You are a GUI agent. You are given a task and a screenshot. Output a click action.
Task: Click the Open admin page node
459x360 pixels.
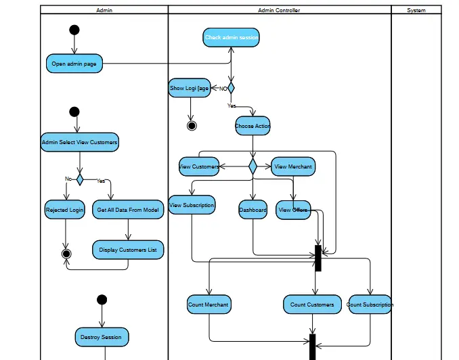pos(74,64)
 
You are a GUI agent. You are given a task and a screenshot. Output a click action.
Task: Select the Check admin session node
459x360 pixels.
pos(231,37)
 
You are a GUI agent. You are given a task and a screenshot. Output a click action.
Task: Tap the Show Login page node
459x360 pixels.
pos(189,88)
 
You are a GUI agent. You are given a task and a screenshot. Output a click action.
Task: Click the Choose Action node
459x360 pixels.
pos(253,126)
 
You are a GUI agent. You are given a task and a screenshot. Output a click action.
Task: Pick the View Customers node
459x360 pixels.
pos(199,166)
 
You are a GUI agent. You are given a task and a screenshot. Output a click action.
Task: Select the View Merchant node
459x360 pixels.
pos(293,166)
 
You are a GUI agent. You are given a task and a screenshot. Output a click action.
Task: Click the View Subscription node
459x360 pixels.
pos(192,205)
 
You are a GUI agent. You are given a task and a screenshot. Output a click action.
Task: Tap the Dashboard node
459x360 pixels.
pos(253,210)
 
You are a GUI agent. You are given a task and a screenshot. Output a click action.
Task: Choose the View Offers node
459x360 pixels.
pos(293,210)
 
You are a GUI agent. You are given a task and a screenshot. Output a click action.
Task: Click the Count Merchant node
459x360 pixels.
pos(209,305)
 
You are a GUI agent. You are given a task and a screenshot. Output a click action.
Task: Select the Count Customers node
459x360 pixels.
pos(312,305)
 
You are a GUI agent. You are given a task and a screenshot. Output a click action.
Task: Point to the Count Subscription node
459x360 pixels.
pos(370,305)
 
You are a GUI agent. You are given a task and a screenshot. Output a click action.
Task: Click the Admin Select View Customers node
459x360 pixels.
pos(79,142)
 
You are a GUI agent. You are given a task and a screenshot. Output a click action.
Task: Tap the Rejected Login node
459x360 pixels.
pos(65,210)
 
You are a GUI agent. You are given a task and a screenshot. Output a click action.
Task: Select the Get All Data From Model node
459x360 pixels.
pos(128,210)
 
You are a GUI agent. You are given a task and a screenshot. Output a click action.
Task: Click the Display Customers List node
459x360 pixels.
pos(128,250)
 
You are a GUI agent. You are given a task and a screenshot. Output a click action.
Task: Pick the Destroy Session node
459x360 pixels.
pos(102,336)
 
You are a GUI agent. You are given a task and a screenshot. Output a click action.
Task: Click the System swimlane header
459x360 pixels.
pos(416,10)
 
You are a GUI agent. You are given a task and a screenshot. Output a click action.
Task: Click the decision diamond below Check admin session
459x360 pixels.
pos(231,88)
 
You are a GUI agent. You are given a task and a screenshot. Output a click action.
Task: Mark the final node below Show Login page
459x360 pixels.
pos(192,126)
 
